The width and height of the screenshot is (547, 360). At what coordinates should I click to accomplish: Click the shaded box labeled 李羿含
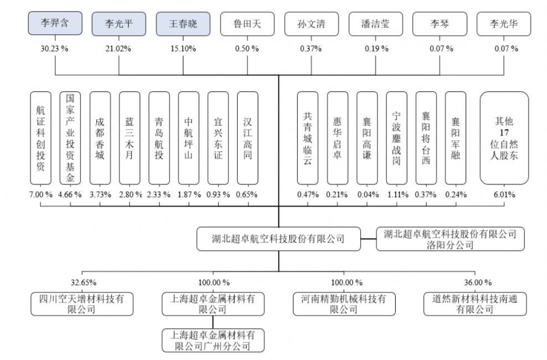click(x=55, y=23)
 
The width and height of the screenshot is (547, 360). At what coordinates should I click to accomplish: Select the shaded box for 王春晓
click(x=183, y=24)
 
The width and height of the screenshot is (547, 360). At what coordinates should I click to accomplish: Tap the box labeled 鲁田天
click(x=247, y=24)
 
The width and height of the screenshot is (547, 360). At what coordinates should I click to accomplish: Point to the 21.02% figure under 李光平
click(x=118, y=49)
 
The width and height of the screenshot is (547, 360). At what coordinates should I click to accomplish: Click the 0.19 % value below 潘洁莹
click(x=377, y=49)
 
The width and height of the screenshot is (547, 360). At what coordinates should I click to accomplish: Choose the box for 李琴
click(x=439, y=24)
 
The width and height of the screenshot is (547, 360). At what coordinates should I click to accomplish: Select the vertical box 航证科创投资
click(x=41, y=138)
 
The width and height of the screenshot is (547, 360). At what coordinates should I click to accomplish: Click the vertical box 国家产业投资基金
click(x=70, y=138)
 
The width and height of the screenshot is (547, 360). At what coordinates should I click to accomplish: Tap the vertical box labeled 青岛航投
click(x=159, y=138)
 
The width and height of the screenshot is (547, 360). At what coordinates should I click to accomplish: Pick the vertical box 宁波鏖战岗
click(x=397, y=138)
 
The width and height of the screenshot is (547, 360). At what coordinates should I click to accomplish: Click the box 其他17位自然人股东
click(x=504, y=138)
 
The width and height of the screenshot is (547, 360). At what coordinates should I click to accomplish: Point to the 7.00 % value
click(x=41, y=195)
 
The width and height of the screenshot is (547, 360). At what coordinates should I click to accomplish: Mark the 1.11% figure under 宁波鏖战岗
click(x=398, y=195)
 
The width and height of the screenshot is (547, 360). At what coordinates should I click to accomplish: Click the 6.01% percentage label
click(x=504, y=195)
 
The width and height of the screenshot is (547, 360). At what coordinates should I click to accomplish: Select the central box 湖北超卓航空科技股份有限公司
click(x=278, y=239)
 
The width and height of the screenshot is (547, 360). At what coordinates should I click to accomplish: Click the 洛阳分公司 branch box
click(x=451, y=239)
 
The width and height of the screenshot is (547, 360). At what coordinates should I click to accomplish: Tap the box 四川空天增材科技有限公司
click(x=82, y=304)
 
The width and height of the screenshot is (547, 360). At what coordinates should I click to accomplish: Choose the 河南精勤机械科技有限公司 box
click(x=344, y=304)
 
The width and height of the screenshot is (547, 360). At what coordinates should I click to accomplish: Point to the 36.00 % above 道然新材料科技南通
click(x=478, y=282)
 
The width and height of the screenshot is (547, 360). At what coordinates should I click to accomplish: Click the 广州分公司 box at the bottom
click(x=213, y=341)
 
